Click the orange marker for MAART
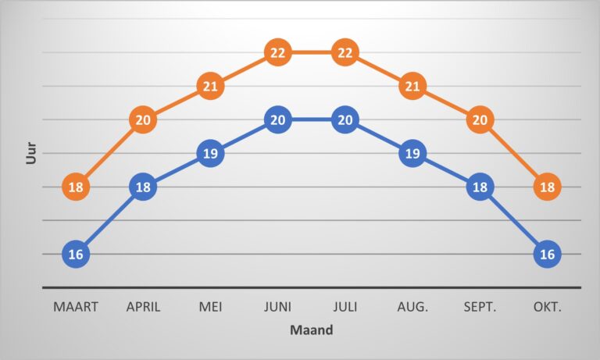tap(76, 187)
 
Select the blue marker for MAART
tap(76, 255)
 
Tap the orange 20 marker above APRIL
tap(143, 120)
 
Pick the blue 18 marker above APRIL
tap(143, 187)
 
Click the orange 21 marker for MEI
tap(210, 87)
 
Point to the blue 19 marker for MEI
tap(210, 154)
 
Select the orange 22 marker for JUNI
tap(277, 53)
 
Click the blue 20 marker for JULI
tap(345, 120)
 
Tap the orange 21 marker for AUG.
tap(412, 87)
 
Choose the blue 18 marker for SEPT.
tap(480, 187)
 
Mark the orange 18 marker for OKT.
tap(547, 187)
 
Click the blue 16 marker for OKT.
tap(547, 255)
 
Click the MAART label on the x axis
tap(76, 307)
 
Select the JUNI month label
tap(277, 307)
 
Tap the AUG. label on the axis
tap(412, 307)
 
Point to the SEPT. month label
tap(480, 307)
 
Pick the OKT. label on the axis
tap(547, 307)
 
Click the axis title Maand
tap(312, 330)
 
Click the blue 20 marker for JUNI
tap(277, 120)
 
